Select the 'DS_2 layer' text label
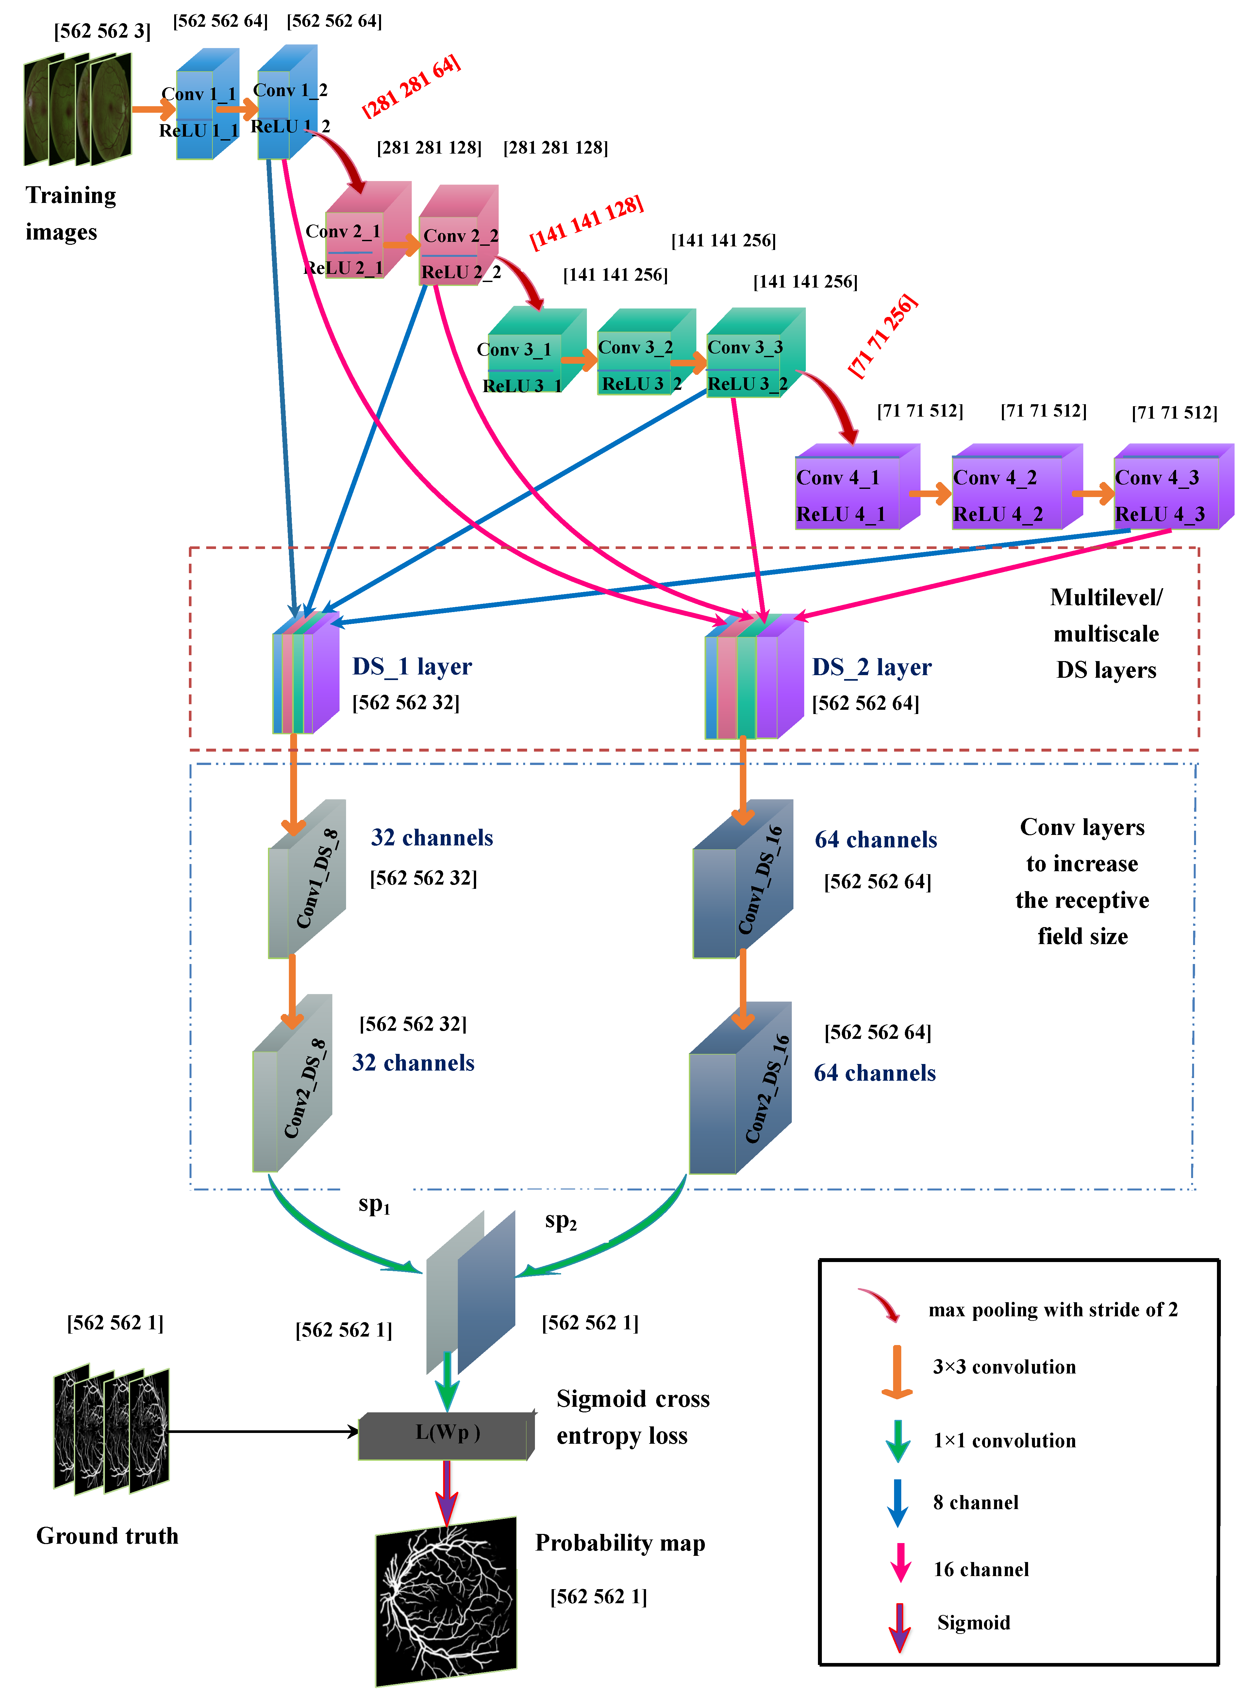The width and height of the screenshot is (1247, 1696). (x=872, y=667)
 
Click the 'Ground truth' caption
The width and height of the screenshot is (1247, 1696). (x=107, y=1536)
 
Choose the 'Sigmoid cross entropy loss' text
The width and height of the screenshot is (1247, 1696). (x=633, y=1417)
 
